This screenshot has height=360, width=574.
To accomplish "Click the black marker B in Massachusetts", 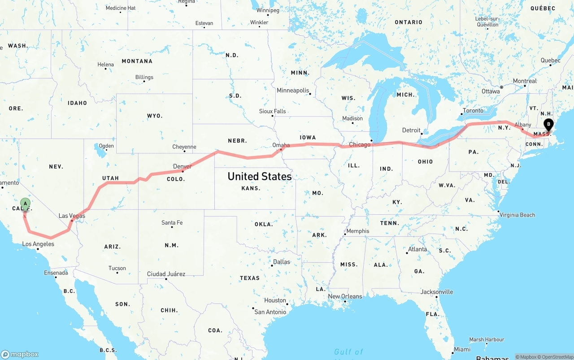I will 548,125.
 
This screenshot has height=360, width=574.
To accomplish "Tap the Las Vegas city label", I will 72,216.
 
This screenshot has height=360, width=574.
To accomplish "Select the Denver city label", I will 183,166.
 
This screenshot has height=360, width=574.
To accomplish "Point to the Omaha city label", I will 281,145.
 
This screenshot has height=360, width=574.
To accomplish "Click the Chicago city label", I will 360,144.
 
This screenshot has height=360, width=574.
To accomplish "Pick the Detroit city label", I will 411,130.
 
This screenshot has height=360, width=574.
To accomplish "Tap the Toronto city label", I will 473,111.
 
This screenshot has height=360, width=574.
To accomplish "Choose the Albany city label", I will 523,125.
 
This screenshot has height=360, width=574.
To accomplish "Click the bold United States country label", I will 260,176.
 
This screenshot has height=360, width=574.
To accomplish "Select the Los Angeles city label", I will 38,244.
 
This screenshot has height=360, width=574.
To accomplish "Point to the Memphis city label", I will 358,231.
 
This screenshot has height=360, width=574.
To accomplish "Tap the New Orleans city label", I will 345,296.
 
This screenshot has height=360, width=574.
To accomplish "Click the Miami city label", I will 462,349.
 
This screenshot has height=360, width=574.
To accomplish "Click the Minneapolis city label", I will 293,91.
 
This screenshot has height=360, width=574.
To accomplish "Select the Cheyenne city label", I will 184,147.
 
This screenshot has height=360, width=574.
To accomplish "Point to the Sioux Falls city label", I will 272,111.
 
